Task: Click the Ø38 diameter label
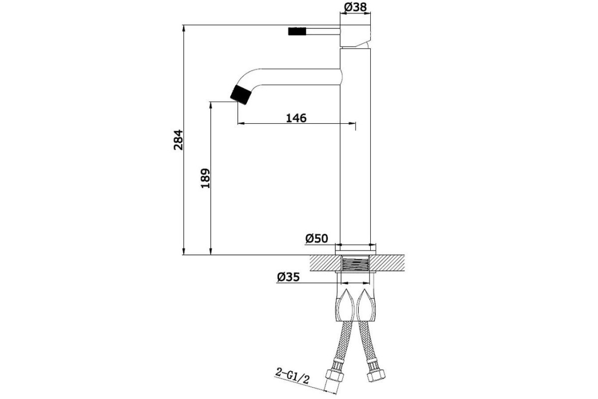[355, 7]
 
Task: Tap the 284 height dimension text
[178, 140]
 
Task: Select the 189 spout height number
[205, 178]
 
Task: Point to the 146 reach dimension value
[296, 118]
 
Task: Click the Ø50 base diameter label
[316, 238]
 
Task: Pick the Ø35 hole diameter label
[289, 277]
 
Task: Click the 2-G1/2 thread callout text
[293, 376]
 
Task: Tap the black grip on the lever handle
[297, 31]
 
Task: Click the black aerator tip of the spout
[241, 95]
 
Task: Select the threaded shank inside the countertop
[356, 263]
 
